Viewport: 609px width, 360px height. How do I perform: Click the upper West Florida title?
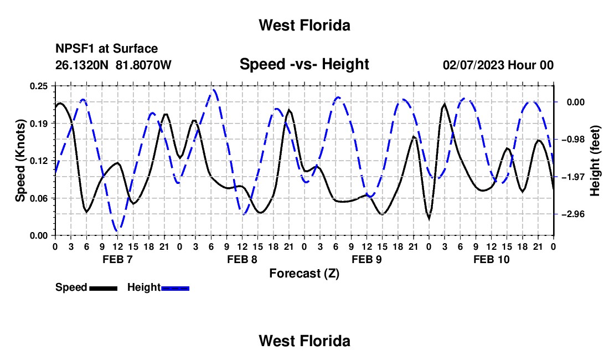pos(304,25)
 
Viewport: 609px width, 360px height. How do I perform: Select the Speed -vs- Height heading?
pos(304,64)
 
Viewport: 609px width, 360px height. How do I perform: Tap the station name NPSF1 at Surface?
pos(106,49)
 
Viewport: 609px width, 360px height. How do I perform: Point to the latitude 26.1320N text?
pos(81,65)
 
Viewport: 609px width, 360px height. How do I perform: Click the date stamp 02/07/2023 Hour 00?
pos(498,65)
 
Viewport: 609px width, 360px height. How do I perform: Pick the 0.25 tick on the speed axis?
pos(38,86)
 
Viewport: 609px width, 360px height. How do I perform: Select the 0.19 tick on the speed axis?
pos(38,124)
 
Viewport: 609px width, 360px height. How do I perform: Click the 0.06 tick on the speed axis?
pos(38,198)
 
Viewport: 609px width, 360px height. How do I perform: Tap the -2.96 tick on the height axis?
pos(574,214)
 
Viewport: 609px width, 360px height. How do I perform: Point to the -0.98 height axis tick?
pos(574,140)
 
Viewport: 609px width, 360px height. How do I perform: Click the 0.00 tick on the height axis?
pos(576,102)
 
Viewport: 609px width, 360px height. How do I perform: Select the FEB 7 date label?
pos(117,259)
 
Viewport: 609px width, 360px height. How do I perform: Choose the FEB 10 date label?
pos(491,259)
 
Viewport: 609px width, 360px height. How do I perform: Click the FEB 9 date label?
pos(367,259)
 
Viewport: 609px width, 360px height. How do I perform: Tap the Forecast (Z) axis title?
pos(304,274)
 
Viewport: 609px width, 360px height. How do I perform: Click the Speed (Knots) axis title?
pos(20,161)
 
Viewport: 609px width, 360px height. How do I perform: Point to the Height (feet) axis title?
pos(595,161)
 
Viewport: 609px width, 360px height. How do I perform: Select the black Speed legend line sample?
pos(103,289)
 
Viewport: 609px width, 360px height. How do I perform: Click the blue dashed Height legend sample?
pos(175,289)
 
